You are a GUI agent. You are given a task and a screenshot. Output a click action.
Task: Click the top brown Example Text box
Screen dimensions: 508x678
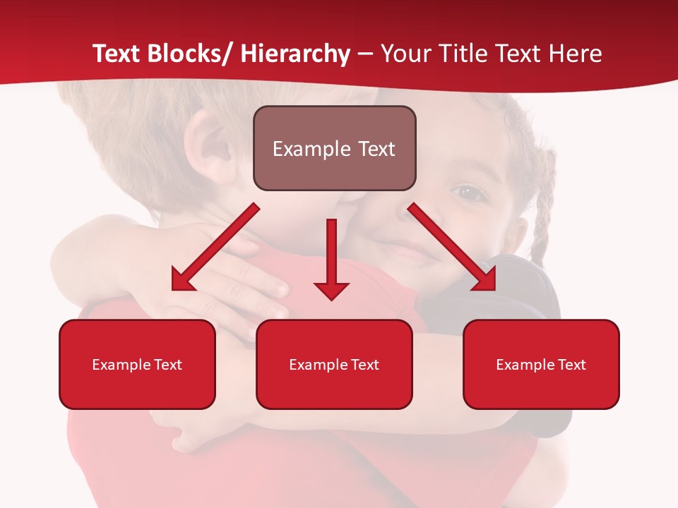click(x=334, y=148)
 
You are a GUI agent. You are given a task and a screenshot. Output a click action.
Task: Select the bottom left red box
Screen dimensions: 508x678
click(x=137, y=364)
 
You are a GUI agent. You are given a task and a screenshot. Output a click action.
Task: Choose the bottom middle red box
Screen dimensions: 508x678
click(x=334, y=364)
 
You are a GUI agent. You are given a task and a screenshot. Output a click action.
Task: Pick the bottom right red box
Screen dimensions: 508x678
click(x=541, y=364)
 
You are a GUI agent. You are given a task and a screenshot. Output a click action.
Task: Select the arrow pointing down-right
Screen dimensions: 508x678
click(x=452, y=247)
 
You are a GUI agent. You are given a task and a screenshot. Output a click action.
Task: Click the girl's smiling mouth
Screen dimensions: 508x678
click(x=410, y=250)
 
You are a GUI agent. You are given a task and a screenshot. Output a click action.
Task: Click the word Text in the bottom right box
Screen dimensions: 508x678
click(x=572, y=365)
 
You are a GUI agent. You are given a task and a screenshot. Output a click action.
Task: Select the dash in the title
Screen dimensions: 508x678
click(x=365, y=54)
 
